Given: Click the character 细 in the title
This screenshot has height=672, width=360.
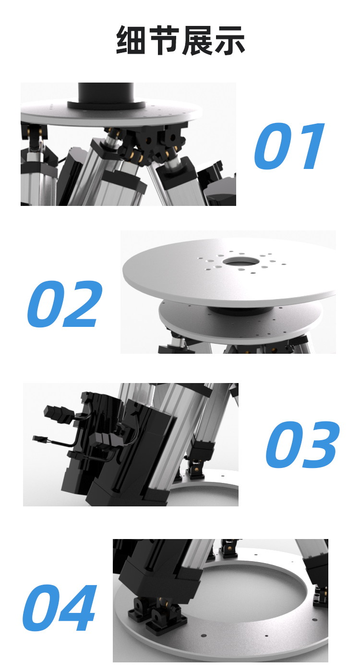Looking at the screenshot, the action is (131, 40).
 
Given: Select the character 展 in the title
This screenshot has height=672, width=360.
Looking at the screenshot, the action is (196, 40).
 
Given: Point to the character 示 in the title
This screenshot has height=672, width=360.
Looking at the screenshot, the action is (229, 40).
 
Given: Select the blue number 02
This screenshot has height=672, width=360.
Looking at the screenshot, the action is (65, 303).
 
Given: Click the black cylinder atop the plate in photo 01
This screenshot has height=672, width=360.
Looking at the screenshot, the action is (106, 96).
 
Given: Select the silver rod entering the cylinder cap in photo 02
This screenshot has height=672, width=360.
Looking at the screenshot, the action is (181, 341).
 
